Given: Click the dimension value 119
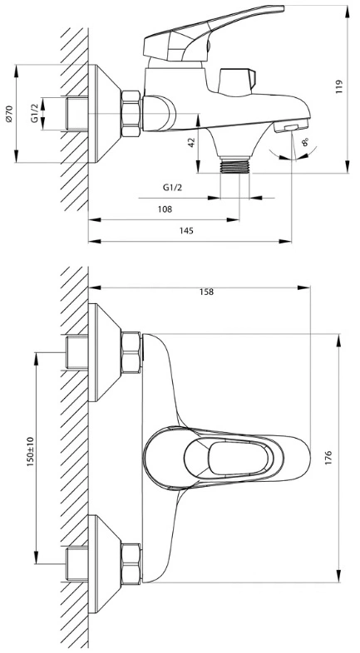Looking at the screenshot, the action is (x=338, y=86).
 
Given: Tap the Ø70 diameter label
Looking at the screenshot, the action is (x=10, y=114).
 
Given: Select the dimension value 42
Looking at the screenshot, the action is (x=191, y=142).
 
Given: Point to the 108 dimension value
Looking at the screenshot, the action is (x=165, y=209).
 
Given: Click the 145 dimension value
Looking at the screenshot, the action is (x=187, y=231).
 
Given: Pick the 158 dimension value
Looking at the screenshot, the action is (x=206, y=292).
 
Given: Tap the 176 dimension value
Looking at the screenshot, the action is (x=329, y=457).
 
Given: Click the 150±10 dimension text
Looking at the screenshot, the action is (x=31, y=451).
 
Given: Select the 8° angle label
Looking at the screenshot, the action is (x=305, y=143).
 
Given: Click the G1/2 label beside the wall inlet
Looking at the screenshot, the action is (x=35, y=114).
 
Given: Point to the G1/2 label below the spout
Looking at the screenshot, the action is (x=172, y=188).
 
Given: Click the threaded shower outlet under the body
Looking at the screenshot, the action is (x=235, y=165).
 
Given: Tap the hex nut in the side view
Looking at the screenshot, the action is (x=131, y=114).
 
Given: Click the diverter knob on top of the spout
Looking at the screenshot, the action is (x=236, y=81).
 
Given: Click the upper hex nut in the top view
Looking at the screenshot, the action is (x=131, y=353).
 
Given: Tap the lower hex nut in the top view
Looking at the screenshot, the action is (x=131, y=564).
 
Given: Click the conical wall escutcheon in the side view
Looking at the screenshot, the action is (x=104, y=114).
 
